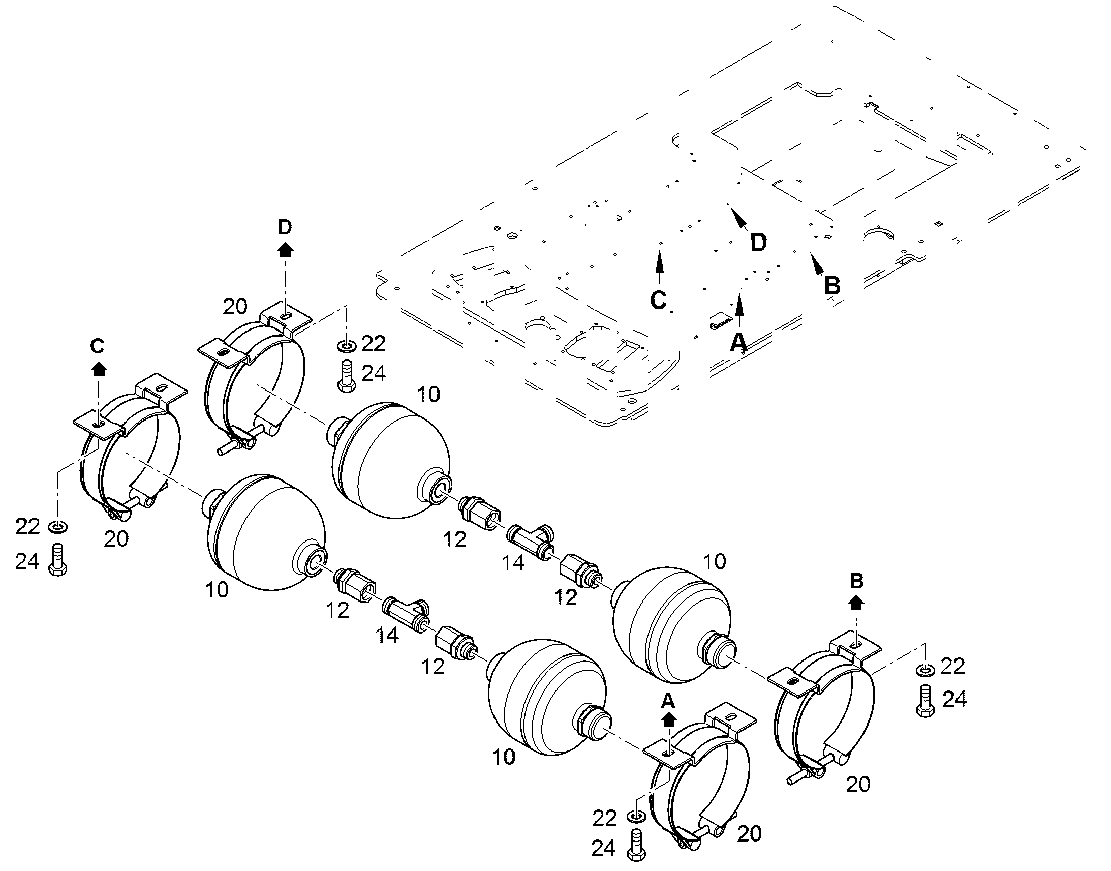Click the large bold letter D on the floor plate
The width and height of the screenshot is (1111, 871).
tap(758, 242)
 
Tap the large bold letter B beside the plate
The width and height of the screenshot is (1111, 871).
tap(831, 285)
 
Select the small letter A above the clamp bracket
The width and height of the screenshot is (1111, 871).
tap(668, 702)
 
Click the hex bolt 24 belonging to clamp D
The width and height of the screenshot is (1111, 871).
tap(347, 376)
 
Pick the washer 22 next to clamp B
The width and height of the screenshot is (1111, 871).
tap(925, 669)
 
